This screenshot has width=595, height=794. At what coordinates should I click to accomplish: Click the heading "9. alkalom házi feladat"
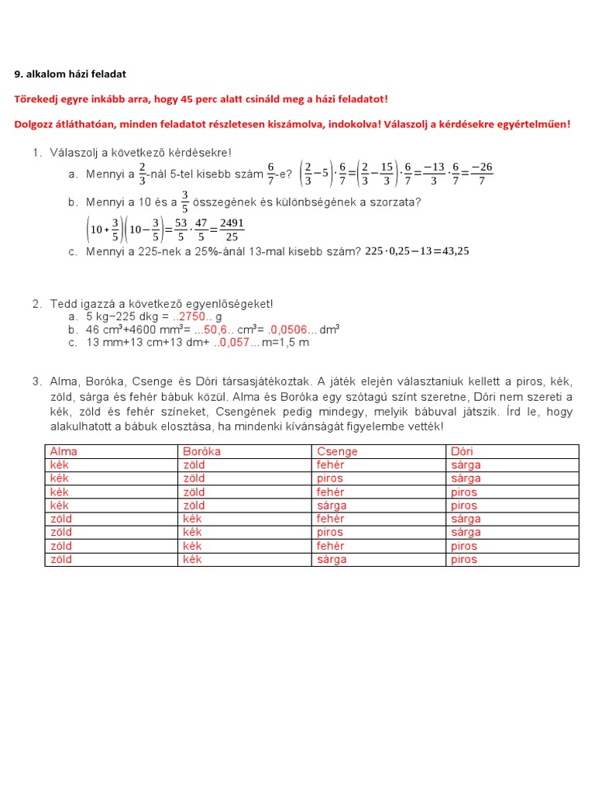pyautogui.click(x=70, y=74)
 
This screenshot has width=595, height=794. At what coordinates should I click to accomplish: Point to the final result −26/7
pyautogui.click(x=481, y=174)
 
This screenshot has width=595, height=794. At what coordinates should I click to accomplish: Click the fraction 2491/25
pyautogui.click(x=232, y=229)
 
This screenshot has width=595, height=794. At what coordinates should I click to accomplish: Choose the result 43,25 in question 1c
pyautogui.click(x=451, y=251)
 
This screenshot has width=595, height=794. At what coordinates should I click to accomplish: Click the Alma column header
pyautogui.click(x=64, y=451)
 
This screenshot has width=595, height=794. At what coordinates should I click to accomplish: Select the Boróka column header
pyautogui.click(x=201, y=451)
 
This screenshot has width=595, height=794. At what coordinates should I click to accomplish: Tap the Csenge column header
pyautogui.click(x=337, y=451)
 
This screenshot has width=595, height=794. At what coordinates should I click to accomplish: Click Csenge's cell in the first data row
pyautogui.click(x=331, y=465)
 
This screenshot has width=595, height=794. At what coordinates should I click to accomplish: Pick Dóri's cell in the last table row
pyautogui.click(x=464, y=559)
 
